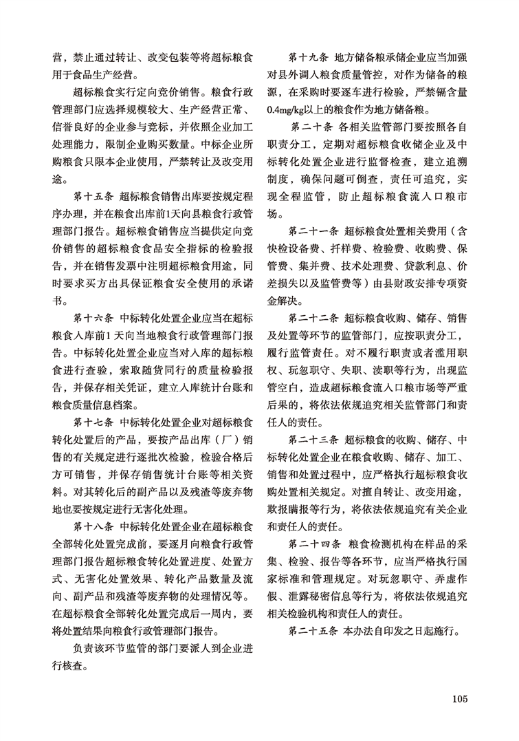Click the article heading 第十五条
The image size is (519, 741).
pyautogui.click(x=91, y=195)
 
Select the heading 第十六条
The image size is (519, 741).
pyautogui.click(x=91, y=319)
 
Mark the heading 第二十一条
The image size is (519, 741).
pyautogui.click(x=313, y=230)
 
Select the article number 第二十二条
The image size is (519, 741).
pyautogui.click(x=313, y=319)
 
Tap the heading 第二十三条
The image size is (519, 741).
pyautogui.click(x=313, y=440)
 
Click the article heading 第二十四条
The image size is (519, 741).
pyautogui.click(x=313, y=545)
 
